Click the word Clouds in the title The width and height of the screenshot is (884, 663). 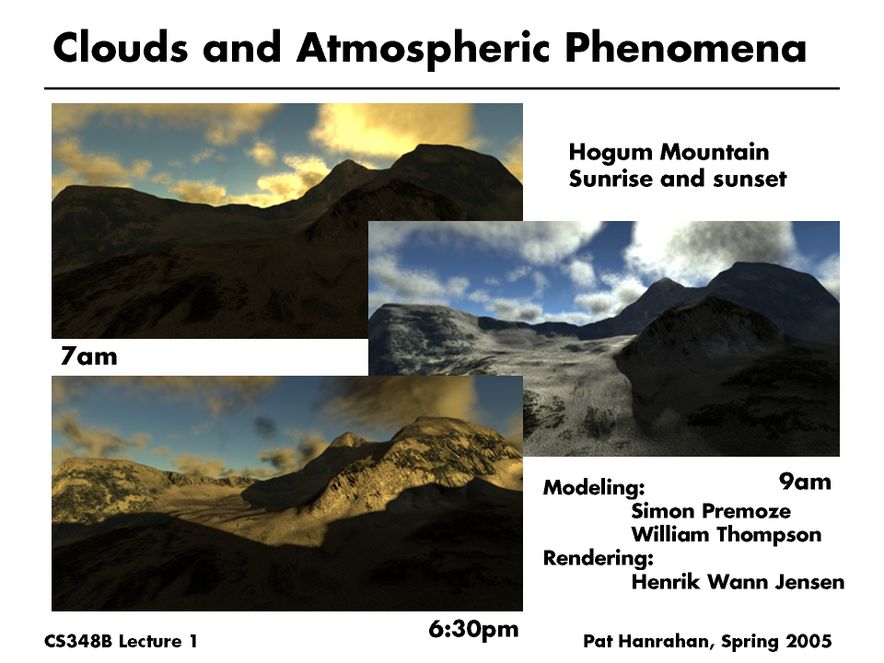click(x=120, y=47)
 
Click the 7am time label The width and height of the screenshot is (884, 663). click(x=89, y=356)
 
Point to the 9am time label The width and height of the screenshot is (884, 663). click(x=805, y=482)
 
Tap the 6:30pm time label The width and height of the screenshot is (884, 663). click(x=473, y=629)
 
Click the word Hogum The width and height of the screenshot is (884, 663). click(x=611, y=152)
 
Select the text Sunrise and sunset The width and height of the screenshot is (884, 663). click(x=678, y=179)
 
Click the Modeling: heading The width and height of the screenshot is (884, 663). click(x=594, y=488)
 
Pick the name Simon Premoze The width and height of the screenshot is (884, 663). click(x=711, y=511)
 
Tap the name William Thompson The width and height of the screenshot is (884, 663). click(x=727, y=534)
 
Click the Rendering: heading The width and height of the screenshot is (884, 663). click(x=599, y=558)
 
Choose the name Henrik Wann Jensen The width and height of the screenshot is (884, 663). click(x=738, y=582)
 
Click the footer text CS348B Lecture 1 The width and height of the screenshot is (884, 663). click(x=121, y=642)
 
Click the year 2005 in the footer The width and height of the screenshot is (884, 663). click(x=809, y=642)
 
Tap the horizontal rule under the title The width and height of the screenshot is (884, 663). click(x=442, y=88)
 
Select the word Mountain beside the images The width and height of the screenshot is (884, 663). click(x=715, y=152)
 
